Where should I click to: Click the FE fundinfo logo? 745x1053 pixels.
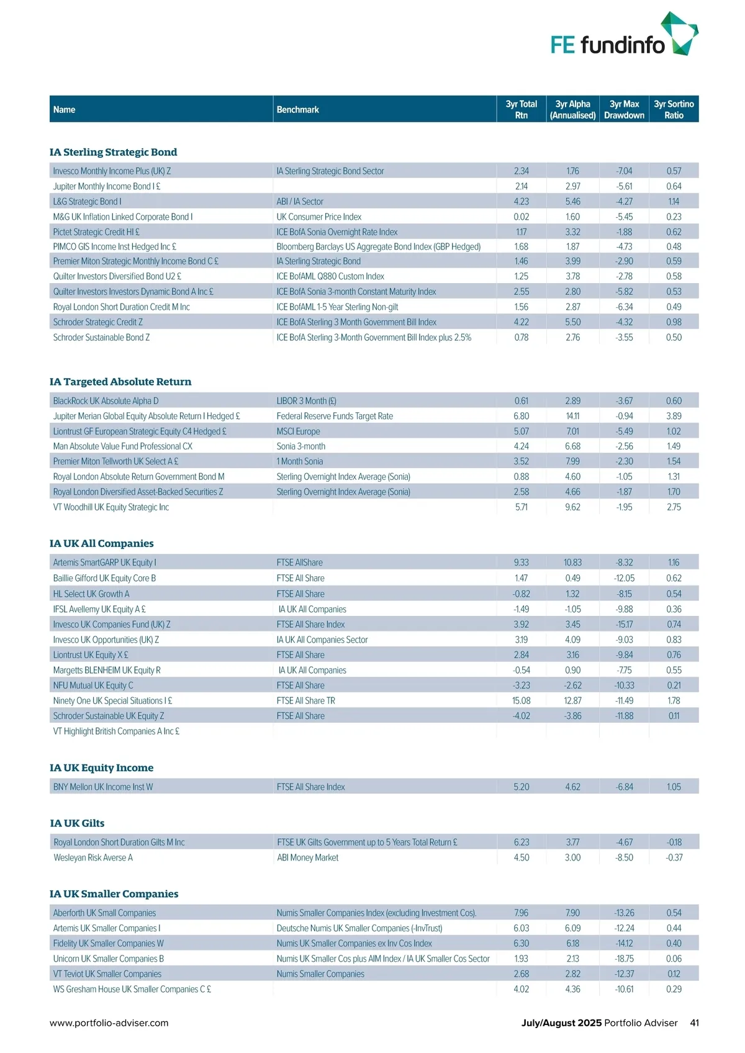[x=623, y=36]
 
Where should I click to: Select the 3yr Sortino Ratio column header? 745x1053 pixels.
[x=674, y=109]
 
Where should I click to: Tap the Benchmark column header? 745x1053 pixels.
[x=297, y=110]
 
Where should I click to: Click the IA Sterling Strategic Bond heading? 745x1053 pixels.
[x=113, y=152]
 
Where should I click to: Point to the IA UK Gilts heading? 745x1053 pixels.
[x=77, y=823]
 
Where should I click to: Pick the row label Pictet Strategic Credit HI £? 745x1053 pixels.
[x=96, y=232]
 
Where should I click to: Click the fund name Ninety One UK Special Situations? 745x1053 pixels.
[x=112, y=701]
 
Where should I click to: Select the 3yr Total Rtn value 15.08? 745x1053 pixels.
[x=521, y=701]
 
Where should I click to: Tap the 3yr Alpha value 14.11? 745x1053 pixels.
[x=572, y=417]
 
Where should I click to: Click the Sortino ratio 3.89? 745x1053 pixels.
[x=674, y=417]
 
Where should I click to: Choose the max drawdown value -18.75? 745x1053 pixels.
[x=624, y=959]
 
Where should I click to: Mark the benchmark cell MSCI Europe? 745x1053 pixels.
[x=299, y=432]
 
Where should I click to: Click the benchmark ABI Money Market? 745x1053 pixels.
[x=308, y=858]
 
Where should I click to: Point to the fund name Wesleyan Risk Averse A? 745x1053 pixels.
[x=93, y=858]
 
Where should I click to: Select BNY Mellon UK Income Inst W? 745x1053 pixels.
[x=103, y=787]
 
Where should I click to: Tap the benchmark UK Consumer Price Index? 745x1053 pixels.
[x=319, y=217]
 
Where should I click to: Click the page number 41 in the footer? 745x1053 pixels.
[x=694, y=1023]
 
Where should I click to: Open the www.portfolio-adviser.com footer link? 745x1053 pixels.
[x=109, y=1023]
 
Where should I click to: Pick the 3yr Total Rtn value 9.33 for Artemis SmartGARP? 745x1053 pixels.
[x=521, y=563]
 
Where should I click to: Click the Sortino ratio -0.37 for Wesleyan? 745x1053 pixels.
[x=674, y=858]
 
